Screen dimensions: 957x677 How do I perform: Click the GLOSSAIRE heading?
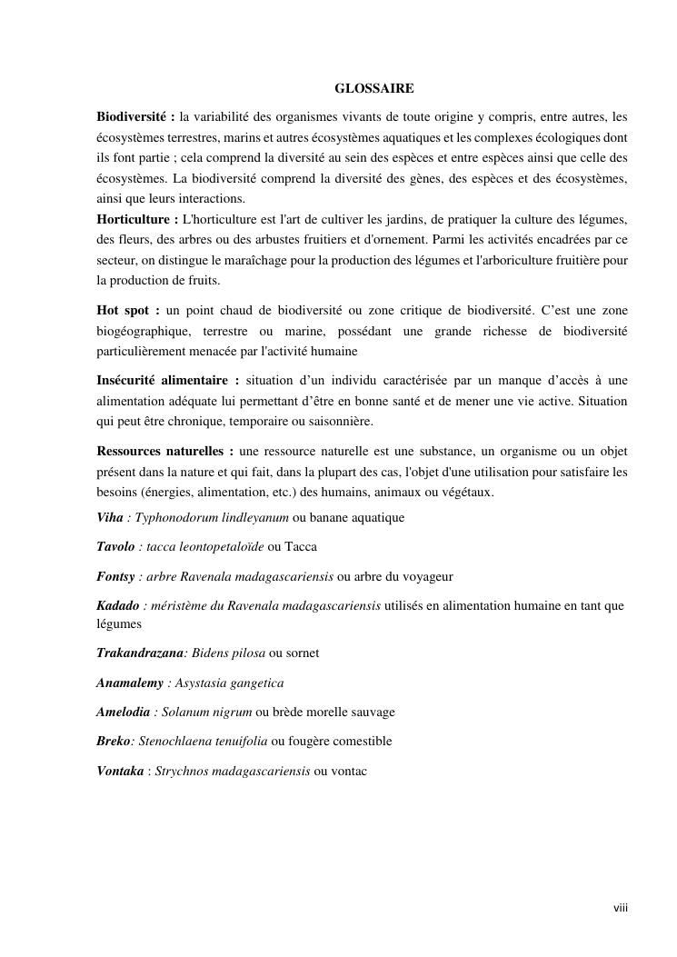tap(374, 89)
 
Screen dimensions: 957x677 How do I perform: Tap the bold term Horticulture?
tap(135, 220)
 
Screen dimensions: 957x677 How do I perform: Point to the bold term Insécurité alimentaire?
tap(167, 379)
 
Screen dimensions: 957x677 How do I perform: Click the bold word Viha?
tap(110, 518)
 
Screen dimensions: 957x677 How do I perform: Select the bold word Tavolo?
tap(115, 547)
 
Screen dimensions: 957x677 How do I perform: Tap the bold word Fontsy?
tap(116, 576)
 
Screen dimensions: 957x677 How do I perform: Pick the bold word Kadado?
tap(118, 605)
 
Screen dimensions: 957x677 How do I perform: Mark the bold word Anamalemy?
tap(130, 683)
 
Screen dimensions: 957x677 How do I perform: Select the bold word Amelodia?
tap(124, 712)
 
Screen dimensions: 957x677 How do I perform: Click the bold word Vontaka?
tap(120, 771)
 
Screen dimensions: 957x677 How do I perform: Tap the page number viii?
tap(621, 908)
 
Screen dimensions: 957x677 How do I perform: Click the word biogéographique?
tap(145, 332)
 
